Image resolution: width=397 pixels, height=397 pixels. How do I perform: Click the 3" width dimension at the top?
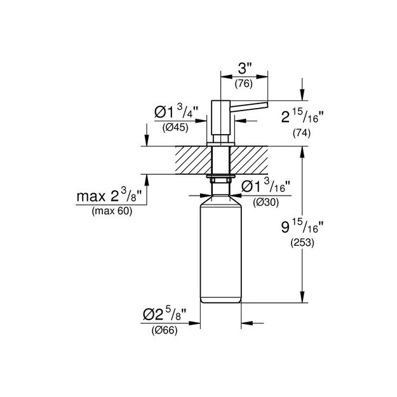tap(245, 68)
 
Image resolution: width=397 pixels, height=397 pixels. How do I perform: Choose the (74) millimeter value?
tap(301, 134)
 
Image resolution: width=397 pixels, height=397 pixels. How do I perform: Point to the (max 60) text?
tap(112, 212)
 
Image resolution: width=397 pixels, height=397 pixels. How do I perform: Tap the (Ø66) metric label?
tap(163, 330)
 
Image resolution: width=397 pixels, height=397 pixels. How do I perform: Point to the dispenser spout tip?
tap(267, 104)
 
